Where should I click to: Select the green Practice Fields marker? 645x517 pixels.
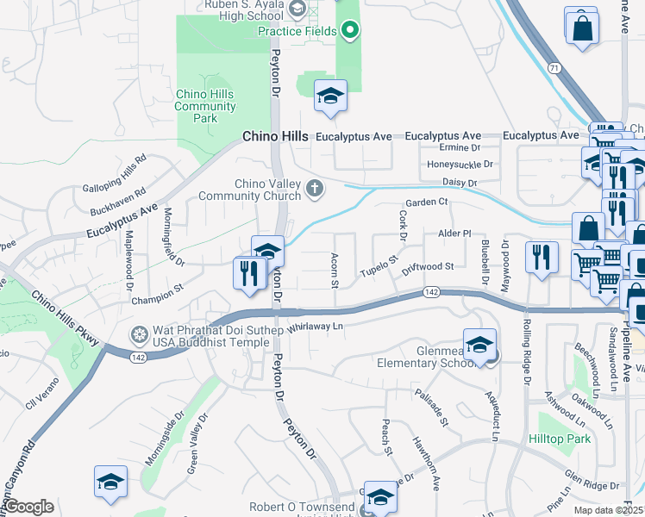[x=349, y=32]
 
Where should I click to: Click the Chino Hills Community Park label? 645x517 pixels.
[x=205, y=107]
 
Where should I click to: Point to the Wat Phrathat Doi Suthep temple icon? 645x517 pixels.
[x=139, y=333]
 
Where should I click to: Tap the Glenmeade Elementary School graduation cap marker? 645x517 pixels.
[x=479, y=345]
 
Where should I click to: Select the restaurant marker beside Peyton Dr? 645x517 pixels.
[x=247, y=273]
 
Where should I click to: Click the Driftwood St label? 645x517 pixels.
[x=425, y=268]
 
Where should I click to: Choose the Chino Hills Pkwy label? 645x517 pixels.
[x=65, y=318]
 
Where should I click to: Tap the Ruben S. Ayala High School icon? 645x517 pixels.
[x=297, y=9]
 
